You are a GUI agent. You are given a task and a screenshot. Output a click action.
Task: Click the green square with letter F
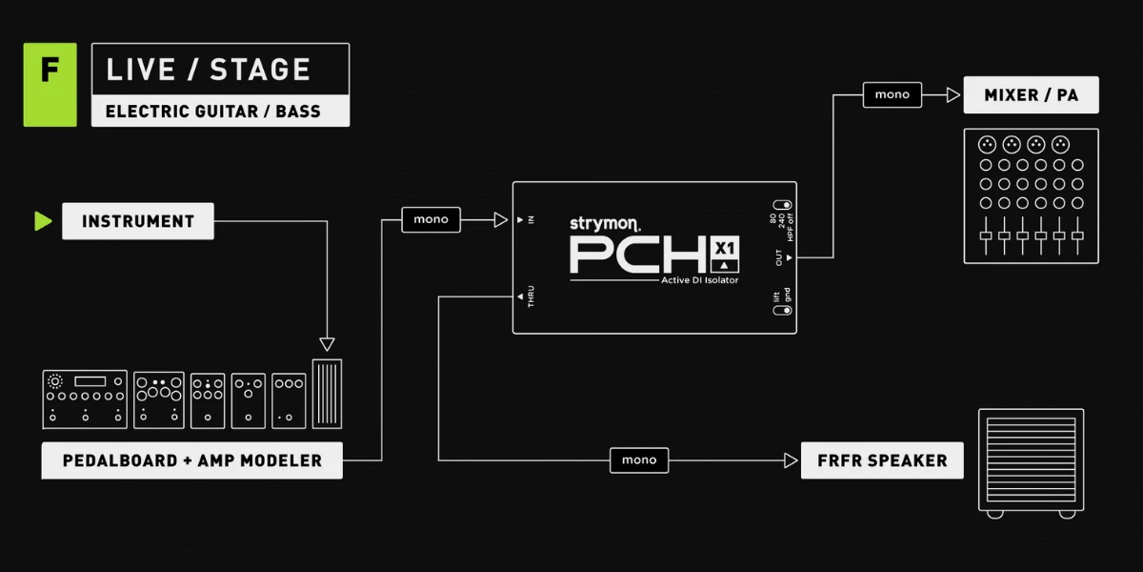50,85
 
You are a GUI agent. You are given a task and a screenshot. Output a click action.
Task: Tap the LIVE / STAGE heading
209,70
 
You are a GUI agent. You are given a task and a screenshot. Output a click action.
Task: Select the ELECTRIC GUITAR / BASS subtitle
212,112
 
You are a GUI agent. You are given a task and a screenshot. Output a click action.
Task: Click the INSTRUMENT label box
138,221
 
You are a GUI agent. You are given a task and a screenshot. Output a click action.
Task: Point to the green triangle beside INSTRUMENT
43,221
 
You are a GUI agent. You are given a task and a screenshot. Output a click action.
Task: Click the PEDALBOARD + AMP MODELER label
191,460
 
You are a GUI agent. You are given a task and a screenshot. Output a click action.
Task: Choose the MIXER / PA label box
1032,95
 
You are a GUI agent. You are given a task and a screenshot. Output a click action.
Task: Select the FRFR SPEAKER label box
882,460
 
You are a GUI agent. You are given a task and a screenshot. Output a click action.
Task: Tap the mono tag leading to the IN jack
431,219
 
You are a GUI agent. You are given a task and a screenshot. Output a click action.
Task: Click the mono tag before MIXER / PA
892,94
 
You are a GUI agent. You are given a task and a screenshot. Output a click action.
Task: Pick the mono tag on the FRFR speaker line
639,460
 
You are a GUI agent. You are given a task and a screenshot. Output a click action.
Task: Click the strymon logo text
605,224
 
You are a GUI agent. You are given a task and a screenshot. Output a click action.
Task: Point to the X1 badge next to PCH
725,255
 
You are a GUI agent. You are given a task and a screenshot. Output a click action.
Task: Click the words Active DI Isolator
699,280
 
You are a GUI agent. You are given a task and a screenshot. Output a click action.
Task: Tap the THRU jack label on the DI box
531,296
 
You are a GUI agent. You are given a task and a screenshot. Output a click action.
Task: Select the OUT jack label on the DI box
779,257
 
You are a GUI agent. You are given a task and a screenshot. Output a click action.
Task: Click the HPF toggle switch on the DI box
782,205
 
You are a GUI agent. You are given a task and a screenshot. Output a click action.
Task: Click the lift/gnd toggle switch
782,310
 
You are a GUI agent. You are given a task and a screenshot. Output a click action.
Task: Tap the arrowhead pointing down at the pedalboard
327,344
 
